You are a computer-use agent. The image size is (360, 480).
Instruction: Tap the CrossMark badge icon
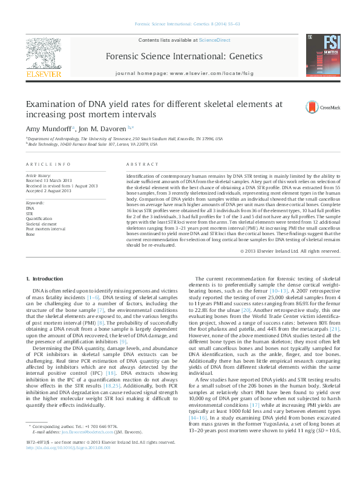315,107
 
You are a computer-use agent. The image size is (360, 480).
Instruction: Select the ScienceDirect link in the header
215,40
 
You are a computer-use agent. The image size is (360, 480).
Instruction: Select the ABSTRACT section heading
140,165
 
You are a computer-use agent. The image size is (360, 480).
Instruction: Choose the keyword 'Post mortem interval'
46,229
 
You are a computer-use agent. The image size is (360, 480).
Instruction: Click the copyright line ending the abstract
293,251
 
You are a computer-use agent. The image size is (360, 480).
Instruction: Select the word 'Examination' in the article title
51,103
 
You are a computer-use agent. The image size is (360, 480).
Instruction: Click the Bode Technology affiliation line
93,145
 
